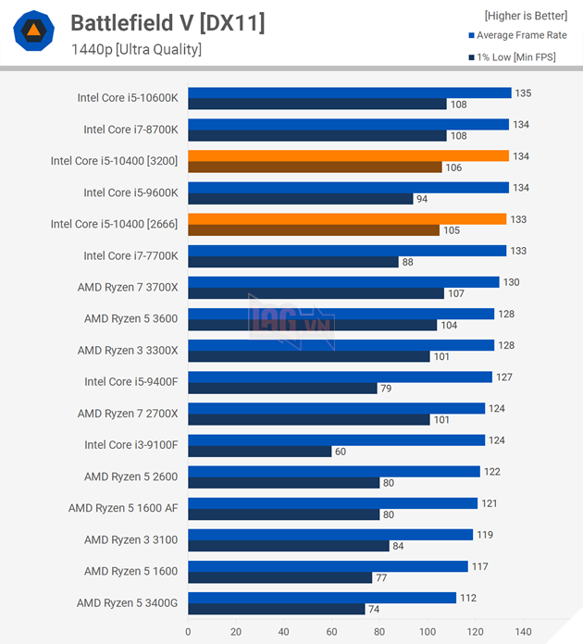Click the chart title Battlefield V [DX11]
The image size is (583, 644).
167,23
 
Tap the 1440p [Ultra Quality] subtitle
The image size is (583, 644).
136,49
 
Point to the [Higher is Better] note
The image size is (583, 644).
526,15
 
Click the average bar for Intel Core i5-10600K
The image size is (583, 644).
349,93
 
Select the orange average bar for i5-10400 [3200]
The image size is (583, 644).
348,155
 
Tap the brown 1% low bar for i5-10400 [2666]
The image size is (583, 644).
313,230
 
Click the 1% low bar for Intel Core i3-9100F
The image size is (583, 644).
259,451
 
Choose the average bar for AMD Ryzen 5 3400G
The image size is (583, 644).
321,598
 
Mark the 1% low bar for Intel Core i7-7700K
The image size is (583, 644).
292,262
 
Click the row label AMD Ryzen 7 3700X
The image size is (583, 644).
128,287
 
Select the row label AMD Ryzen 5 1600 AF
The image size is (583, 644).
123,508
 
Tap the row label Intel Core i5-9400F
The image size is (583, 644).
131,381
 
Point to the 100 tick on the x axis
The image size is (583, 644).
428,632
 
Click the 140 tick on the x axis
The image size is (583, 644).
524,632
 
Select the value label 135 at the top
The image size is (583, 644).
522,93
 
